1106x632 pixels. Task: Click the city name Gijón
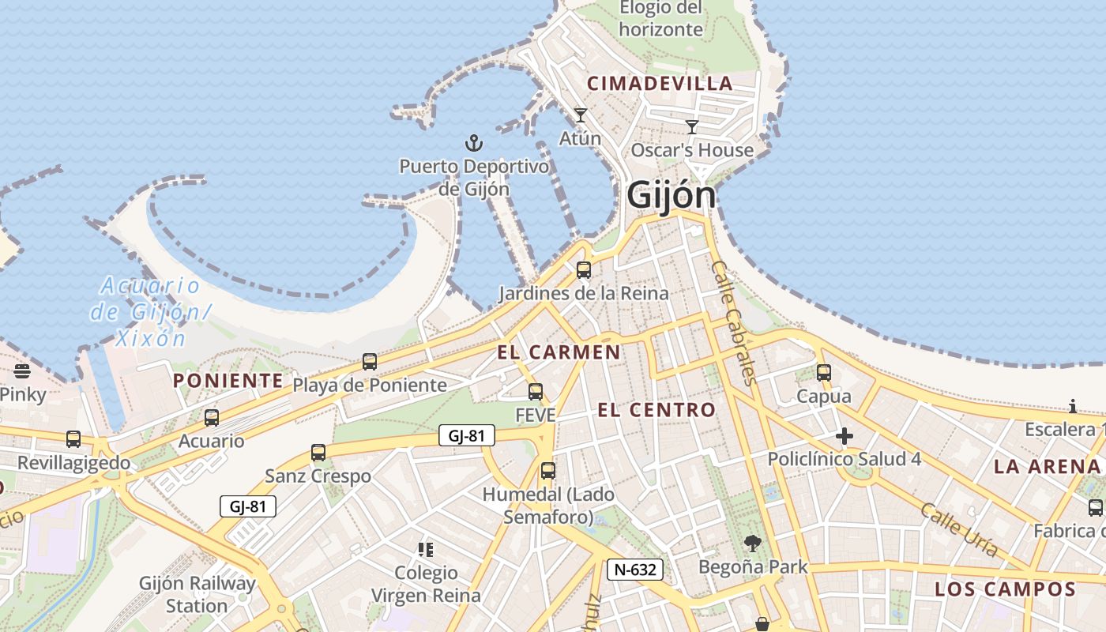pyautogui.click(x=671, y=196)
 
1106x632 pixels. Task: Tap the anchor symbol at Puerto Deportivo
pyautogui.click(x=473, y=143)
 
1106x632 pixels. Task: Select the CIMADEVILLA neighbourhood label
pyautogui.click(x=660, y=84)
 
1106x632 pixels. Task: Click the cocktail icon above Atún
pyautogui.click(x=581, y=115)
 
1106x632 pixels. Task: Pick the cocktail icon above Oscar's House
pyautogui.click(x=692, y=127)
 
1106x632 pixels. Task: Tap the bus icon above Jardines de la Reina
pyautogui.click(x=584, y=270)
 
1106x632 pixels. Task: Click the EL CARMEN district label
pyautogui.click(x=559, y=352)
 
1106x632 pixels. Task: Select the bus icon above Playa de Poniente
pyautogui.click(x=370, y=362)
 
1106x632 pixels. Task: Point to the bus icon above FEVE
pyautogui.click(x=536, y=391)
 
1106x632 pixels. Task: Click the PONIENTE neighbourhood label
pyautogui.click(x=228, y=381)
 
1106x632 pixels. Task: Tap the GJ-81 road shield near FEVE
pyautogui.click(x=467, y=435)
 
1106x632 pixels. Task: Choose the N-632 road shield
pyautogui.click(x=635, y=569)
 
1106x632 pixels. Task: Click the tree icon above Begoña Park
pyautogui.click(x=753, y=543)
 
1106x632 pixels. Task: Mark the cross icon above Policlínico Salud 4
pyautogui.click(x=845, y=435)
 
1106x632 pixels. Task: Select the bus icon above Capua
pyautogui.click(x=824, y=372)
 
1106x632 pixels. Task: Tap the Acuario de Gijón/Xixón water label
pyautogui.click(x=150, y=312)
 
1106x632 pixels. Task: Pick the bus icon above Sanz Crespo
pyautogui.click(x=318, y=453)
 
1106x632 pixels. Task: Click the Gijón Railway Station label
pyautogui.click(x=197, y=595)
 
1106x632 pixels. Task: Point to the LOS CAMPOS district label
pyautogui.click(x=1005, y=589)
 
